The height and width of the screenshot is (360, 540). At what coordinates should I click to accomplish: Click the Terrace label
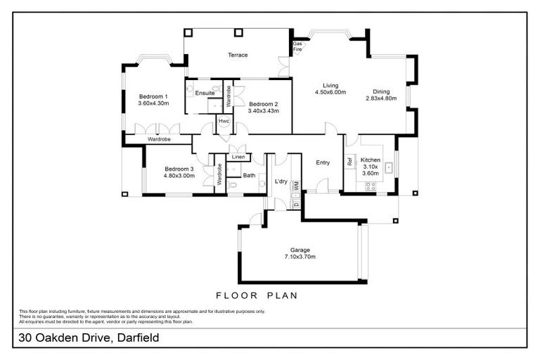[x=237, y=55]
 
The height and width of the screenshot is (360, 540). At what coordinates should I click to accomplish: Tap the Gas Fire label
[x=297, y=46]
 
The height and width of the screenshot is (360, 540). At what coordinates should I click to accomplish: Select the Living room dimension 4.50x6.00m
[x=330, y=92]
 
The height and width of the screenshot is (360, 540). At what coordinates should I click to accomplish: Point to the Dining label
[x=381, y=91]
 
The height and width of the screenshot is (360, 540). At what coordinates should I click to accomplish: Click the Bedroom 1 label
[x=153, y=96]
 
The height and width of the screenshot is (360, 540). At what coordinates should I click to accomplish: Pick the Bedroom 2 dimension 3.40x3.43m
[x=264, y=110]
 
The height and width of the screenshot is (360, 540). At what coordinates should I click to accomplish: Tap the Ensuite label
[x=205, y=93]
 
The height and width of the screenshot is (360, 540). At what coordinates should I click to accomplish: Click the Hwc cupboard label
[x=224, y=121]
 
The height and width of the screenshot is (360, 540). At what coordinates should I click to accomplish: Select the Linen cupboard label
[x=238, y=156]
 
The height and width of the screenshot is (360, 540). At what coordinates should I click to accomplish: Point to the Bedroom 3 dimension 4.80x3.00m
[x=179, y=176]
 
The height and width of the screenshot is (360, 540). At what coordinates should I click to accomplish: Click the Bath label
[x=249, y=175]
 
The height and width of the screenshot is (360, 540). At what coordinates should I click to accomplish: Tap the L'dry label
[x=281, y=182]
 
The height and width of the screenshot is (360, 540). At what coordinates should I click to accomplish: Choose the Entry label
[x=323, y=162]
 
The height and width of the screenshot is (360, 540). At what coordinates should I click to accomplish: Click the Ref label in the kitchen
[x=349, y=161]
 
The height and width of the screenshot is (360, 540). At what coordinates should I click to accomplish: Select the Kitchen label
[x=370, y=160]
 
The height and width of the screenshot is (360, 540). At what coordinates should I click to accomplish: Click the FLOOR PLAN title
[x=256, y=295]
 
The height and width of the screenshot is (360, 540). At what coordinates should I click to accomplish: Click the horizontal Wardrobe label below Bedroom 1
[x=158, y=139]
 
